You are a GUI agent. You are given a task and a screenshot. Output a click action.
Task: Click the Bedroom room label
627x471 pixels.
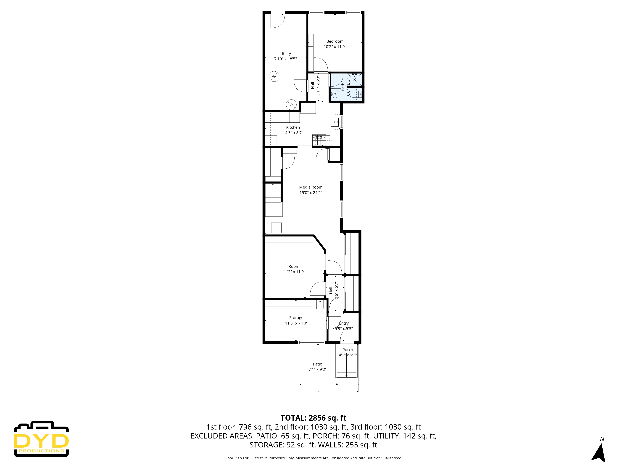coord(335,41)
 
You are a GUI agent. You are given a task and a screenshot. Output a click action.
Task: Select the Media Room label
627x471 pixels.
coord(311,187)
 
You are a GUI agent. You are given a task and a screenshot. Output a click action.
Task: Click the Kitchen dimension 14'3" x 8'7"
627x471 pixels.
coord(293,133)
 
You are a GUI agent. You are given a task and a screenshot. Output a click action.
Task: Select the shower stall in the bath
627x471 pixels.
coord(354,79)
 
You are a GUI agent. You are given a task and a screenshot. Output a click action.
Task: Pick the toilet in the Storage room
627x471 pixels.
coord(320,307)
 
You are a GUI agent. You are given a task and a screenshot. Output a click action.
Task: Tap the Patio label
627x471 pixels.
coord(317,364)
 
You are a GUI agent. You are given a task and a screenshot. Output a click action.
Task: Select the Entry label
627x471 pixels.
coord(344,323)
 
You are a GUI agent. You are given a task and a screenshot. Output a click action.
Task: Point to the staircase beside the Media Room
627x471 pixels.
coord(273,200)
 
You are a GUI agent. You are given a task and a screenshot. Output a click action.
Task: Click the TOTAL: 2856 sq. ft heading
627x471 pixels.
coord(313,418)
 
